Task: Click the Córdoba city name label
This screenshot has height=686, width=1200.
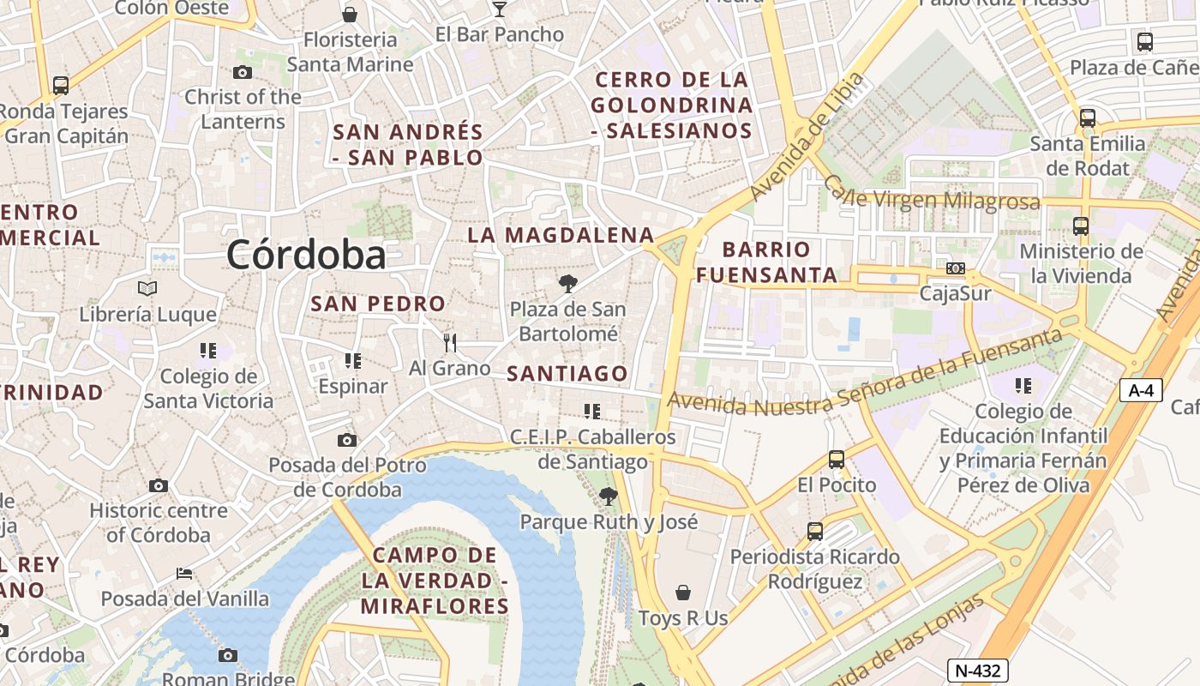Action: click(306, 255)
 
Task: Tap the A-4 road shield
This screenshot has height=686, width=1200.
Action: click(1141, 390)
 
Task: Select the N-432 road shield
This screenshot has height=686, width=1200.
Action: click(977, 671)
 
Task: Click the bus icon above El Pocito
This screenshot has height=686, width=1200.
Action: click(837, 460)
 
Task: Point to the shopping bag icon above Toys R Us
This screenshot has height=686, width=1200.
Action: click(683, 593)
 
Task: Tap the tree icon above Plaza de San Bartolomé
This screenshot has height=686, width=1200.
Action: click(567, 283)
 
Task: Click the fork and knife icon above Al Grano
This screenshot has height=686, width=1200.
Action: click(450, 343)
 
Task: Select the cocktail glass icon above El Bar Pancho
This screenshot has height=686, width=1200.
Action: click(500, 9)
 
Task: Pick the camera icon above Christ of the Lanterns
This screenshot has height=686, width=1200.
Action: click(243, 73)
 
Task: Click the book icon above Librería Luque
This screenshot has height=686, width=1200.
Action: click(147, 289)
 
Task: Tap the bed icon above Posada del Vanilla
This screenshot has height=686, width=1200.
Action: click(184, 573)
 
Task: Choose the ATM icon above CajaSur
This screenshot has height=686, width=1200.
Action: click(955, 268)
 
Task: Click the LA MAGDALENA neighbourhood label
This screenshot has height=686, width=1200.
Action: click(561, 235)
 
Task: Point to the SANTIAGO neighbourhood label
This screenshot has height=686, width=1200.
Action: click(567, 374)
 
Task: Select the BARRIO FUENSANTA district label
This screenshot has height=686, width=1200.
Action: click(766, 262)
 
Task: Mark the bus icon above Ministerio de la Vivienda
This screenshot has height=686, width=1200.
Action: click(1081, 226)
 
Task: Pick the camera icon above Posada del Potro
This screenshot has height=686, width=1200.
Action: click(347, 441)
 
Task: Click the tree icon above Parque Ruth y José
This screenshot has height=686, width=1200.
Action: click(609, 496)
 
